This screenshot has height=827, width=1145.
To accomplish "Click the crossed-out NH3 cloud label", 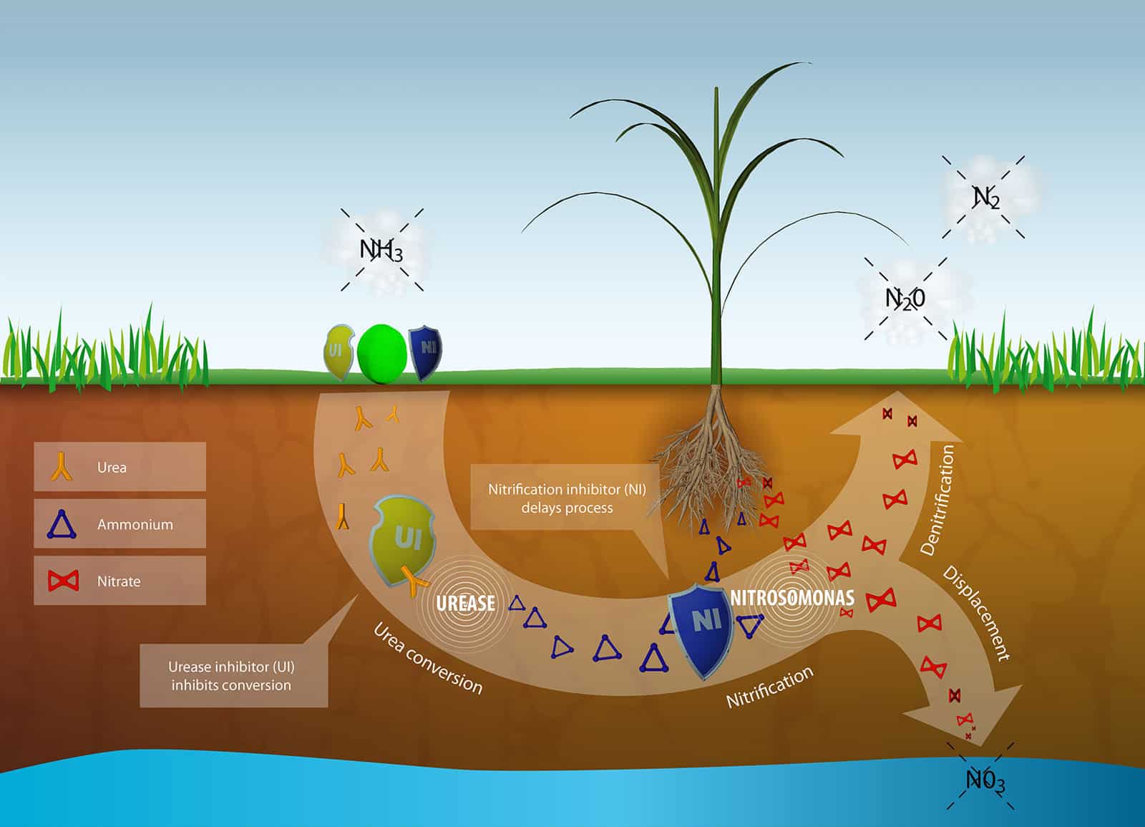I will pyautogui.click(x=381, y=250).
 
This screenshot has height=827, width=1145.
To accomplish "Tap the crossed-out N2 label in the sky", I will pyautogui.click(x=985, y=197).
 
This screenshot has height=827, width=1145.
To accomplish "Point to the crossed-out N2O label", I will pyautogui.click(x=905, y=297).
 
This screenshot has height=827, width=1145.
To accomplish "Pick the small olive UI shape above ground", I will pyautogui.click(x=338, y=352).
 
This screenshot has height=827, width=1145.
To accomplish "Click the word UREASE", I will pyautogui.click(x=465, y=604).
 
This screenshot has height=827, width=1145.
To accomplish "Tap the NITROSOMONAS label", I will pyautogui.click(x=792, y=597).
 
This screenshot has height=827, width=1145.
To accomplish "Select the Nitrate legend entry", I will pyautogui.click(x=120, y=581).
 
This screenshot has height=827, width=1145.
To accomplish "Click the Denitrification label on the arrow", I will pyautogui.click(x=937, y=500).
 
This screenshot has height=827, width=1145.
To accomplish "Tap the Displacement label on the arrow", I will pyautogui.click(x=976, y=614).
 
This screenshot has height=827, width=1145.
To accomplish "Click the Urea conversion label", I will pyautogui.click(x=428, y=657).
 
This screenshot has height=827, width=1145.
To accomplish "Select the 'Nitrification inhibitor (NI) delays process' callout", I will pyautogui.click(x=567, y=498).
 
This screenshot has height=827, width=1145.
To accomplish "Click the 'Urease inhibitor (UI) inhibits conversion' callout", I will pyautogui.click(x=232, y=675).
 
